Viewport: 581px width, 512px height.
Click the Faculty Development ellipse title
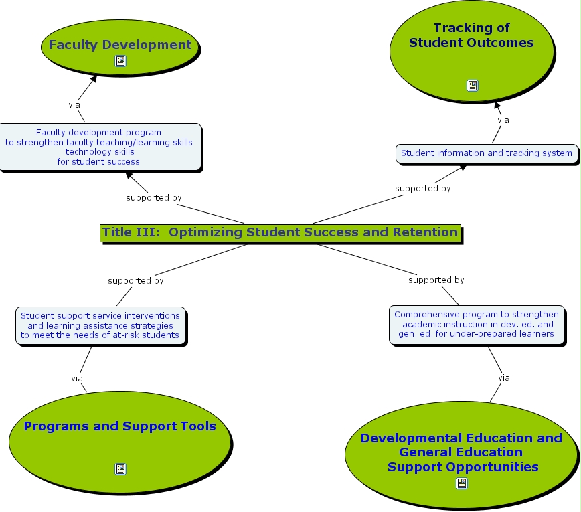tap(120, 45)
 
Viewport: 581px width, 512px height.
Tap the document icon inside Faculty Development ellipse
tap(120, 62)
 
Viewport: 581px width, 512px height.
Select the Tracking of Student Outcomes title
tap(471, 35)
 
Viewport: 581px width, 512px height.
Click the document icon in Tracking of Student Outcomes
tap(473, 86)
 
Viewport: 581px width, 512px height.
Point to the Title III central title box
tap(280, 232)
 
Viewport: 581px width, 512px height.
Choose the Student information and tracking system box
tap(486, 153)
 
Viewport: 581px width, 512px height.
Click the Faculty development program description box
tap(99, 147)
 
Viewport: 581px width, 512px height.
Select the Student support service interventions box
tap(100, 325)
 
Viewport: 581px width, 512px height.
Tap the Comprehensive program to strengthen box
tap(476, 324)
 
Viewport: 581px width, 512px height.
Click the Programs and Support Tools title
tap(120, 426)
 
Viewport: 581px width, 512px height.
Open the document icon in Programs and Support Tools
tap(120, 469)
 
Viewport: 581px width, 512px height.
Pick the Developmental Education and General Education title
tap(462, 452)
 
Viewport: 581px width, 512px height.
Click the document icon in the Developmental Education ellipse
tap(462, 483)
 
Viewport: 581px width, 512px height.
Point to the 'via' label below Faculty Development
tap(74, 104)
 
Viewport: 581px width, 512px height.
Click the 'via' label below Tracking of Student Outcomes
tap(503, 120)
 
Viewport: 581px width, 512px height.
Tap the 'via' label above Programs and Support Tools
tap(77, 379)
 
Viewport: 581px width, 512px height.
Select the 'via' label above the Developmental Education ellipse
tap(504, 378)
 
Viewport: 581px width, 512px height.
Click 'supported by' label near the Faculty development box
tap(154, 198)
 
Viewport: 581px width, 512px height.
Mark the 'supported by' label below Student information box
tap(422, 189)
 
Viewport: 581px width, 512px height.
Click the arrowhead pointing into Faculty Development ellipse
tap(94, 78)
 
